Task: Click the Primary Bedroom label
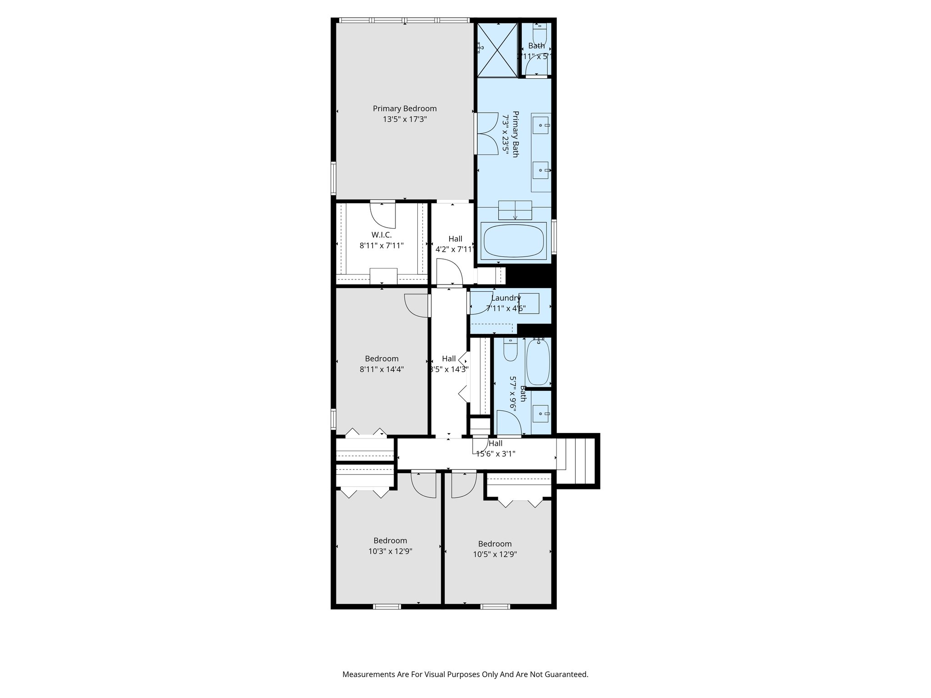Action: coord(405,109)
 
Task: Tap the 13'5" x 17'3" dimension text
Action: coord(405,120)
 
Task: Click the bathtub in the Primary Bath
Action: coord(514,241)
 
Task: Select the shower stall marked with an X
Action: coord(497,50)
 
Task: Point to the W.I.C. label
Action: coord(381,235)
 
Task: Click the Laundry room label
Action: coord(506,298)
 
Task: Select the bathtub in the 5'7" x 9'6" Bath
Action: coord(538,362)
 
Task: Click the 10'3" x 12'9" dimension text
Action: coord(390,552)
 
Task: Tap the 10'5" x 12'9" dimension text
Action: coord(495,554)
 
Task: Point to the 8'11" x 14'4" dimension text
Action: coord(381,369)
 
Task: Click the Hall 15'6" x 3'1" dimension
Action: coord(496,454)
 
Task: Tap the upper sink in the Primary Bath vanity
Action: coord(541,125)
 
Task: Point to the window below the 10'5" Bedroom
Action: coord(495,606)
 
